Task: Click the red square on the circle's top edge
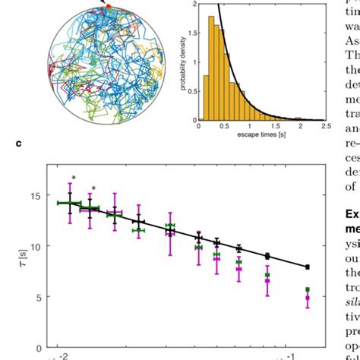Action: coord(108,6)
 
